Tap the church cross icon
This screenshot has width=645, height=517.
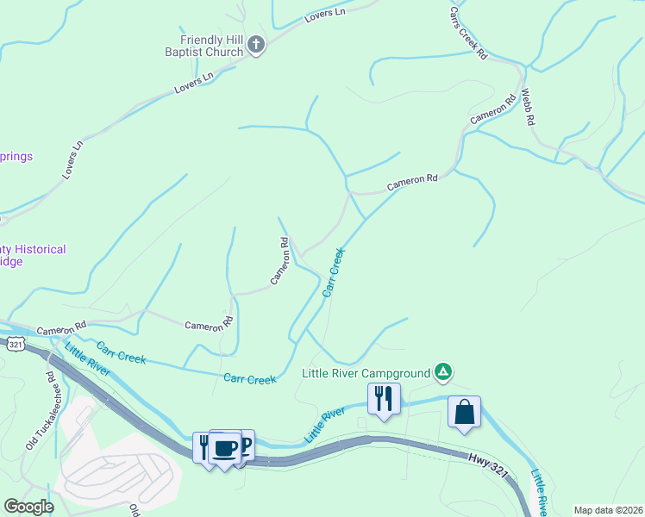click(x=255, y=45)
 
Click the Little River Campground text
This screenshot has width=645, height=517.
click(x=366, y=373)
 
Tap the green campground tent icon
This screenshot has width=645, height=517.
click(x=442, y=372)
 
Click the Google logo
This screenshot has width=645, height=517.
click(x=29, y=506)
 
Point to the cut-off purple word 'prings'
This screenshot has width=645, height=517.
click(x=16, y=156)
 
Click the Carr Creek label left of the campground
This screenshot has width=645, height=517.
click(x=249, y=378)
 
